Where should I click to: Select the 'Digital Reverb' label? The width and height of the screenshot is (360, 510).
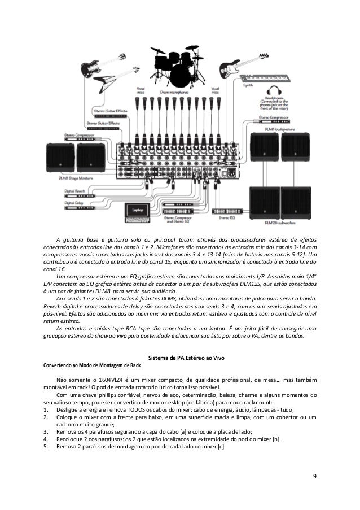(x=74, y=191)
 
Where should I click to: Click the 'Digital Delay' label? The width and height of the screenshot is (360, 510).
(x=74, y=202)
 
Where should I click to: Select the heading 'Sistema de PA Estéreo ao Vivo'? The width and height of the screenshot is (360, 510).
(x=180, y=358)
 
